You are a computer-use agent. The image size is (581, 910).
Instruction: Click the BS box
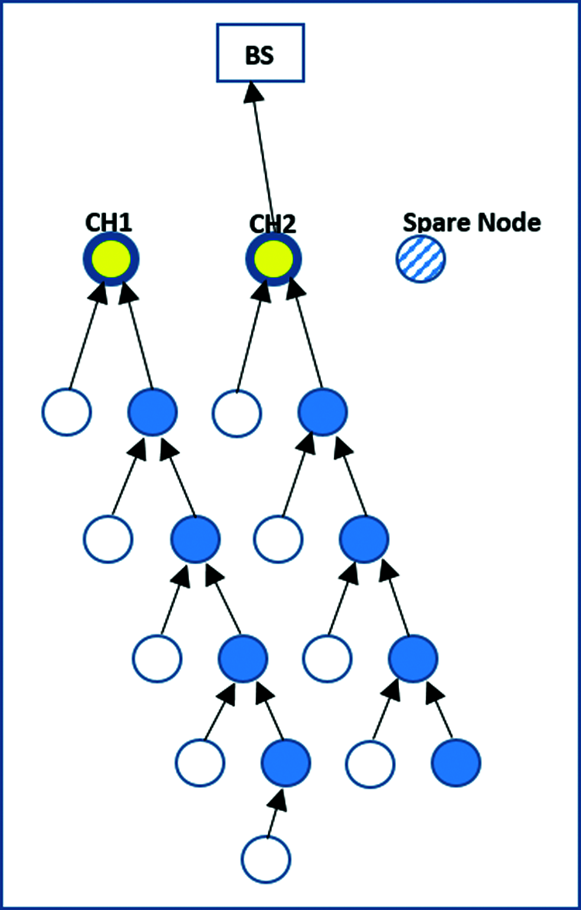coord(260,53)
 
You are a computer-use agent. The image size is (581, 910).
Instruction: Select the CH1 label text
coord(108,224)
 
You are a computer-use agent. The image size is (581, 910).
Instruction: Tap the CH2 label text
coord(272,225)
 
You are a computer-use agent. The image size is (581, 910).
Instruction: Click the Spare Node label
coord(471,222)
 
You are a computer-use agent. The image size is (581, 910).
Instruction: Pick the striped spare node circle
coord(421,258)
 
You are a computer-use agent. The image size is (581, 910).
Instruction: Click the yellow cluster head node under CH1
coord(111,258)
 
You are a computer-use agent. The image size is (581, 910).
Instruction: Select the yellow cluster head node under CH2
coord(273,258)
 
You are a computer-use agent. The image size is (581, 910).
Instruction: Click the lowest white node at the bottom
coord(266,858)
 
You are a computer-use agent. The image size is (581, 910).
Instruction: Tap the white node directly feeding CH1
coord(67,412)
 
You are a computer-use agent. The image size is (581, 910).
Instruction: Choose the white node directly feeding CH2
coord(236,414)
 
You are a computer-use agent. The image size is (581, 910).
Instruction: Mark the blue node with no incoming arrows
coord(456,762)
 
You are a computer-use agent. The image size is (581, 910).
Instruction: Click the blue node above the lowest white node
coord(285,761)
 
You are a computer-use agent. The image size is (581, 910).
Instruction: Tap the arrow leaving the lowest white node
coord(276,812)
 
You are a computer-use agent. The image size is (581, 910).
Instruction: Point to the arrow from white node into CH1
coord(85,337)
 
